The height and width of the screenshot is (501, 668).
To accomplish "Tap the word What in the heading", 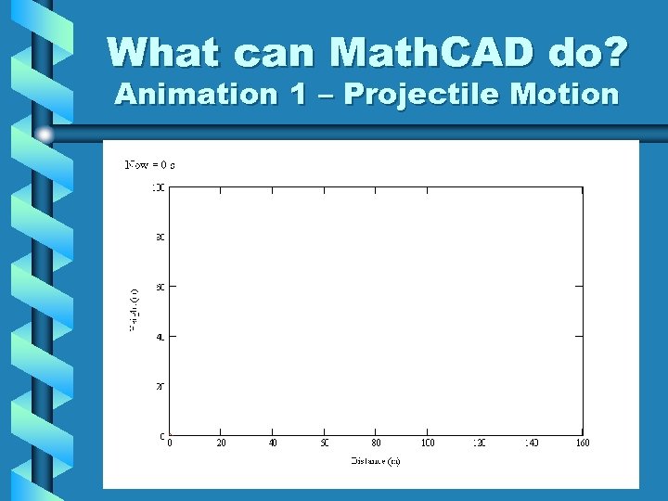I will (x=165, y=53).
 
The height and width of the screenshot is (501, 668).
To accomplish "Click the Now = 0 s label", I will (x=150, y=165).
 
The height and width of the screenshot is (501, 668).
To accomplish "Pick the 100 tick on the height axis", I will (x=160, y=187).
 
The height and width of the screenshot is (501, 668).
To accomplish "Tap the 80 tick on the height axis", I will (x=161, y=238).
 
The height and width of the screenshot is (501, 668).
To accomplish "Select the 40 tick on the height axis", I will (x=161, y=337).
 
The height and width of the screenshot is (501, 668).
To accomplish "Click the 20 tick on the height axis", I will (x=161, y=386).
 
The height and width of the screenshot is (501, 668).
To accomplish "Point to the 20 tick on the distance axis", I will (x=220, y=443).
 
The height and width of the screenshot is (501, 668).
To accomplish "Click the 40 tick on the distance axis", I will (x=272, y=443).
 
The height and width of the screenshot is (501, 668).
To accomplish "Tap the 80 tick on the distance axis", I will (x=376, y=443).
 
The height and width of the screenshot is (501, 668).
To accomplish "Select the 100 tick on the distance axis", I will (x=428, y=443).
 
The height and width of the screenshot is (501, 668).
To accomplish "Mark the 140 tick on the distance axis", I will (x=531, y=443).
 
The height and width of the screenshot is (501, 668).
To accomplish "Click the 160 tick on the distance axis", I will (x=582, y=443).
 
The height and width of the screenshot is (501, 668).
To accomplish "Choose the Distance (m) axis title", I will (x=376, y=461).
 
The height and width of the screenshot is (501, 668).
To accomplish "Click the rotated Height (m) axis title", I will (x=135, y=311).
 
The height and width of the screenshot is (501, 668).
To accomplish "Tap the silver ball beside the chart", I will (x=45, y=135).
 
